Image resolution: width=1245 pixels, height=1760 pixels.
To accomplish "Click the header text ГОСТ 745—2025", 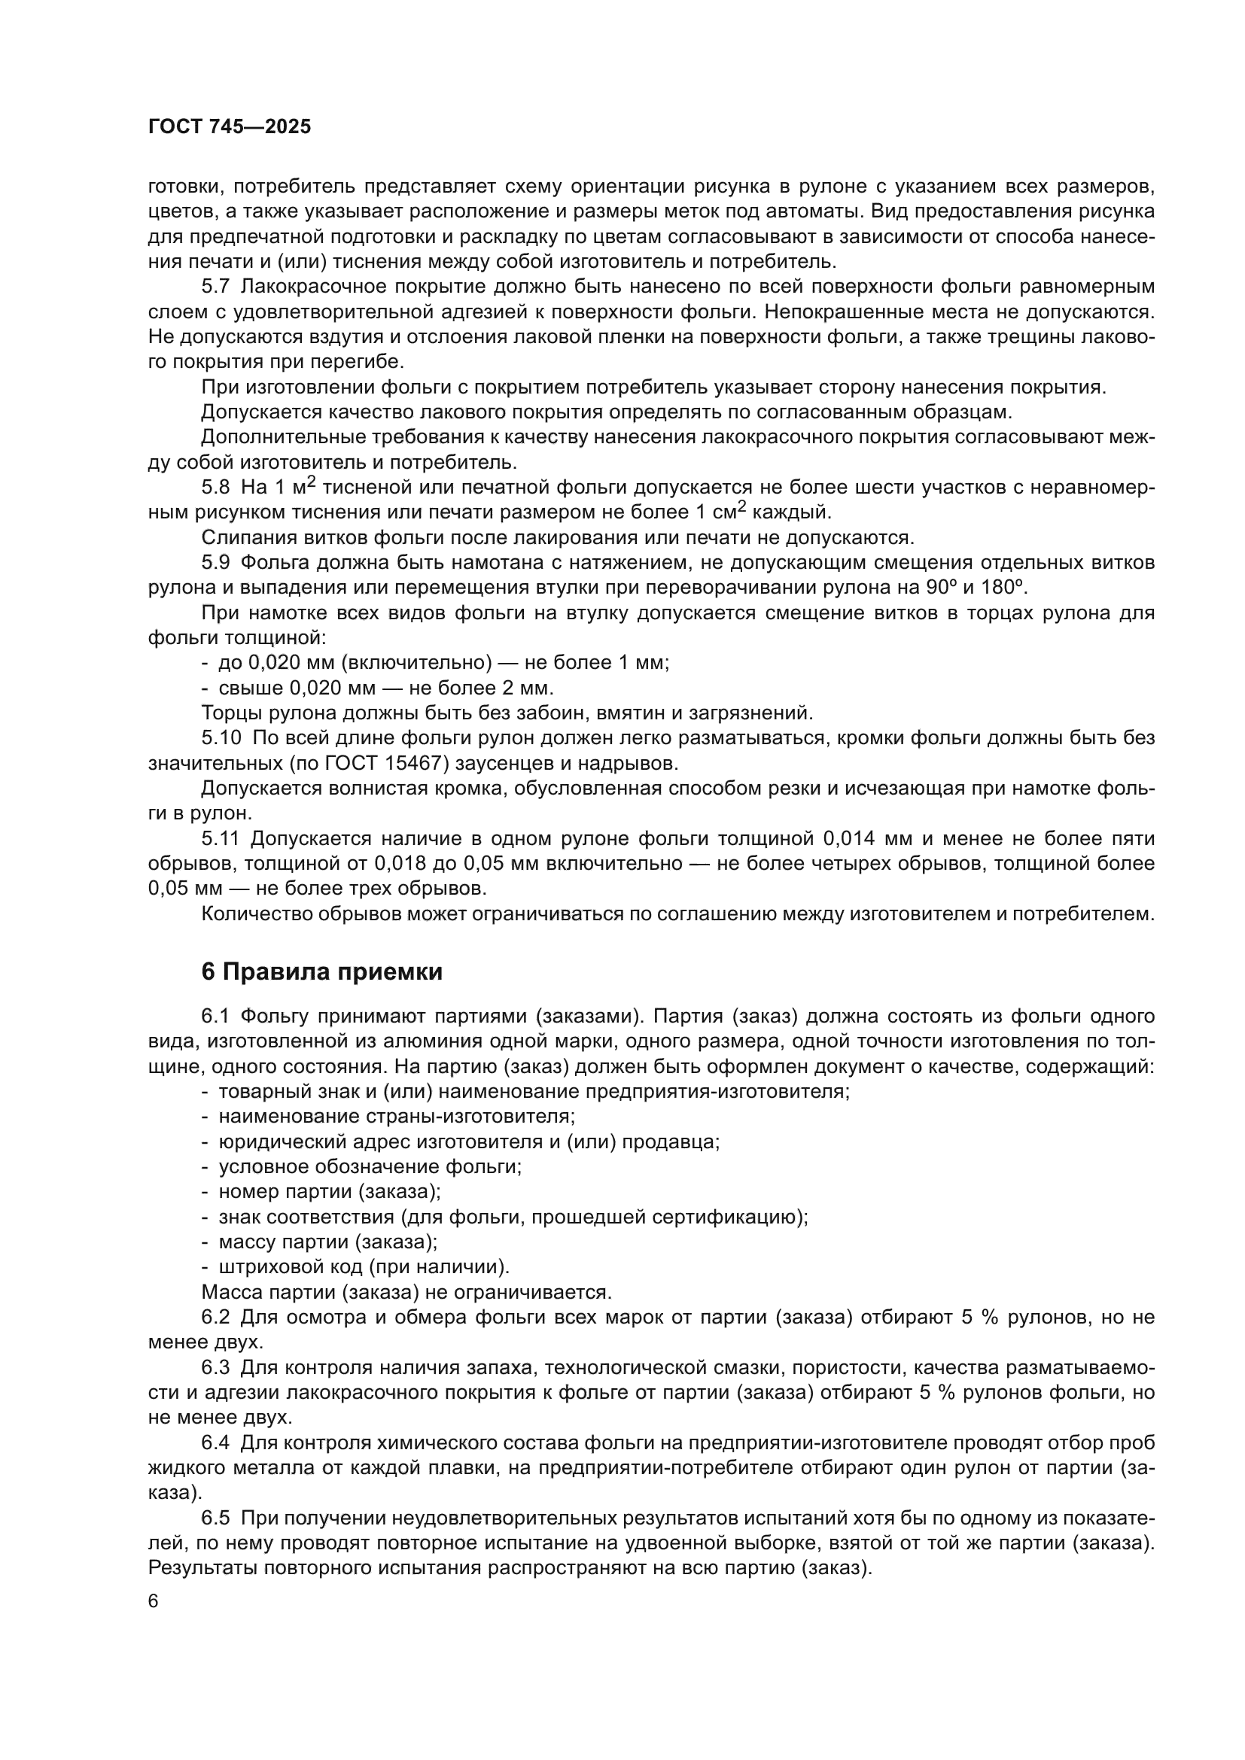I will [230, 127].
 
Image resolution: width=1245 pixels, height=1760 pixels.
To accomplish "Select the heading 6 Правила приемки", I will [322, 972].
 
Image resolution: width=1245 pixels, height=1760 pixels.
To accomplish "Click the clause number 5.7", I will [215, 287].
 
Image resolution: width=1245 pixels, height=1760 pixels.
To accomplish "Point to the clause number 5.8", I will [215, 488].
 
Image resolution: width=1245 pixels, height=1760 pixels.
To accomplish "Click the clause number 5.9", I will [215, 563].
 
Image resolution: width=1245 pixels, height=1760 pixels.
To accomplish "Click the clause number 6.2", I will [215, 1318].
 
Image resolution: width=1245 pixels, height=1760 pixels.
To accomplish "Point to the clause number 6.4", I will [215, 1442].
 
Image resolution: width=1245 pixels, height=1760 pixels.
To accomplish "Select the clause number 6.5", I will [215, 1518].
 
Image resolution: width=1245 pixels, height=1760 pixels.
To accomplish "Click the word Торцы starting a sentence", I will [230, 713].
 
